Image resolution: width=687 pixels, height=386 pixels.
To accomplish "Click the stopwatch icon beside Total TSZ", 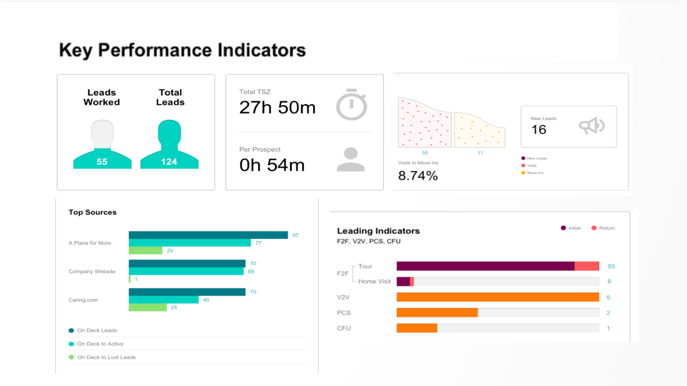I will click(x=351, y=105).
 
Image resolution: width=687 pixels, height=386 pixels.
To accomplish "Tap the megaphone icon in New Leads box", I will click(x=592, y=126).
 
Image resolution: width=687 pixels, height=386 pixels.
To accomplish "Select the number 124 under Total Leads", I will click(x=169, y=162).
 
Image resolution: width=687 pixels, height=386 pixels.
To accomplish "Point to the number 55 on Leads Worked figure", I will click(x=102, y=162).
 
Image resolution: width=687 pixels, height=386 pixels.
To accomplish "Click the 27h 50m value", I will click(x=277, y=108).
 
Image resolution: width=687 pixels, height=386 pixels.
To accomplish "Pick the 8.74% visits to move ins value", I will click(x=418, y=176).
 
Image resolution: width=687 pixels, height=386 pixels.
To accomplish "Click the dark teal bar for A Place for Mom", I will click(x=208, y=235).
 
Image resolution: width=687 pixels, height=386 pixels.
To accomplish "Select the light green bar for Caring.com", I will click(x=148, y=307).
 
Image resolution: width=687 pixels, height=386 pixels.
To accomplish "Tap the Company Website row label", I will click(x=92, y=271).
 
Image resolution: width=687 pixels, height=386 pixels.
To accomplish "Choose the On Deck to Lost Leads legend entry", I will click(x=106, y=357).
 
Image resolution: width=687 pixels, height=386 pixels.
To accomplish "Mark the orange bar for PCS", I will click(x=437, y=313).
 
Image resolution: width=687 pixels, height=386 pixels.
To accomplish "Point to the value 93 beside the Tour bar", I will click(x=611, y=266).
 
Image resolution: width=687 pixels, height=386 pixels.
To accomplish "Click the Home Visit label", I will click(x=374, y=281).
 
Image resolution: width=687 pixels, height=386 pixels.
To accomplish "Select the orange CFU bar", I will click(x=417, y=328).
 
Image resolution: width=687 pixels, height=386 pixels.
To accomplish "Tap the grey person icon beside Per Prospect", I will click(x=351, y=160).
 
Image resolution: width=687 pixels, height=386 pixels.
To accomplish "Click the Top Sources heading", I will click(x=92, y=212).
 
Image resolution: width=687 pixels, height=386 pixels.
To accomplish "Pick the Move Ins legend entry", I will click(x=535, y=173).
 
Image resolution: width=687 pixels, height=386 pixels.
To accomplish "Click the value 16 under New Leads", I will click(x=539, y=129).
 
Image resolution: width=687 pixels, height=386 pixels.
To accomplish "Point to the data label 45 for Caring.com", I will click(x=206, y=300).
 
